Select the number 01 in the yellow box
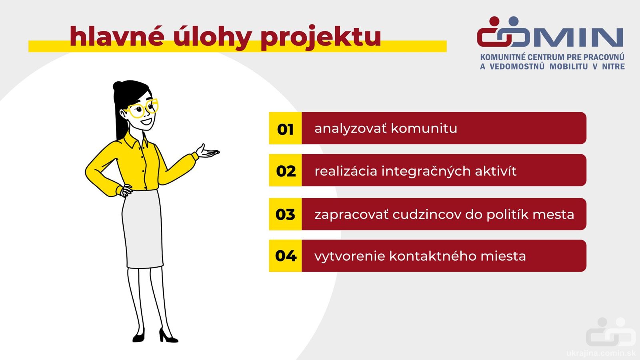coord(285,130)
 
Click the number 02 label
coord(286,172)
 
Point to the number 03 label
coord(285,214)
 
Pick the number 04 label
coord(286,256)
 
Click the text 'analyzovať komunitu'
coord(386,128)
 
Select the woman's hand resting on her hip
coord(126,190)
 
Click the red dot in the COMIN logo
coord(494,22)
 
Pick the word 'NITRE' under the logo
coord(614,66)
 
